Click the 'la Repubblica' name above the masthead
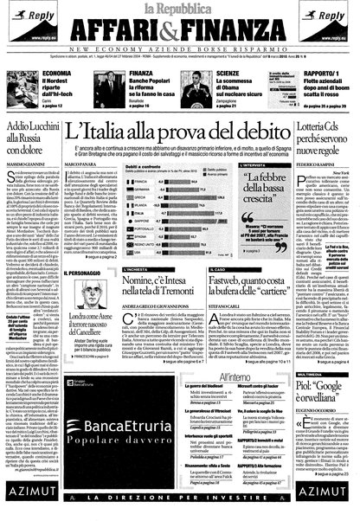click(179, 10)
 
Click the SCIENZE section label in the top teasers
click(230, 74)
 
